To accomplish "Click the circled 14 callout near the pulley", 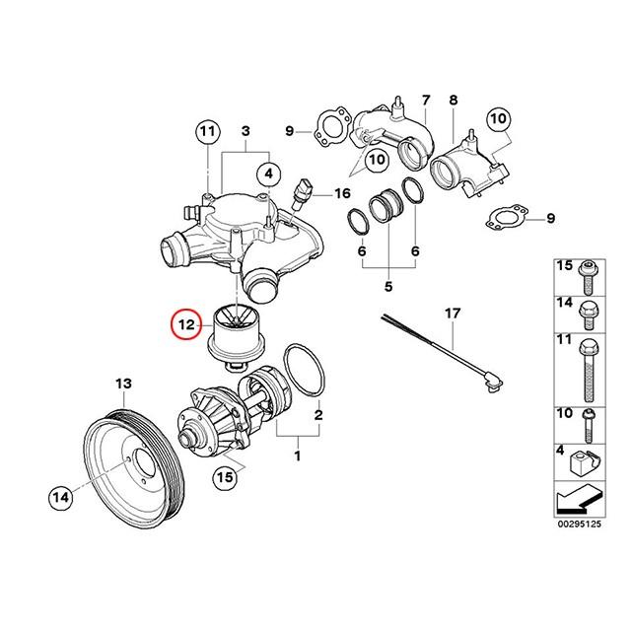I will (x=61, y=499).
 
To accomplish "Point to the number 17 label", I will (x=453, y=315).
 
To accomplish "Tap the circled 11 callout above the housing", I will (x=207, y=130).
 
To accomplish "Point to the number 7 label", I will (x=426, y=101).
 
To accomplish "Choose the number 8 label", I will (x=454, y=101).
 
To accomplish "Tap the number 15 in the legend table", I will (x=564, y=267).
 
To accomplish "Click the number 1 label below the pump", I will (x=297, y=456).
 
